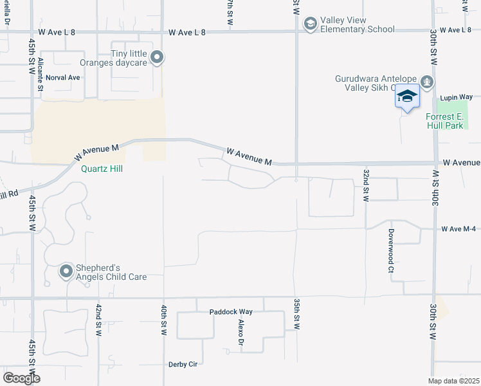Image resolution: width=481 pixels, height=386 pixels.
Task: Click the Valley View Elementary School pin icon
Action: pos(310,24)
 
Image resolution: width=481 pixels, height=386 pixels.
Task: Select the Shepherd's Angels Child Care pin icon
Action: pos(66,271)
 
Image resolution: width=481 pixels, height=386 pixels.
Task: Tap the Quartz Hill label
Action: pos(102,169)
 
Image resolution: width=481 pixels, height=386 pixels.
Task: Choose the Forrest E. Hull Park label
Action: pos(444,121)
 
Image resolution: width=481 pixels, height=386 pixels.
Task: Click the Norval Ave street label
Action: pos(67,77)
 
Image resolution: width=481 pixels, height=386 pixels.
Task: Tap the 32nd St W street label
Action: pos(365,186)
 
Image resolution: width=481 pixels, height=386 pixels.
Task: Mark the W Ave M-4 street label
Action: pos(460,229)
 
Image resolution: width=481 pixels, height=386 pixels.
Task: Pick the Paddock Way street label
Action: pos(231,312)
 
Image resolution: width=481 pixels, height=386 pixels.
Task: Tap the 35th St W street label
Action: pos(297,314)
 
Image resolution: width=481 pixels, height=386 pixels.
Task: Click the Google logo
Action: pos(21,378)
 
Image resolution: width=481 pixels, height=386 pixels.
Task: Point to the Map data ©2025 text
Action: pos(453,381)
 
